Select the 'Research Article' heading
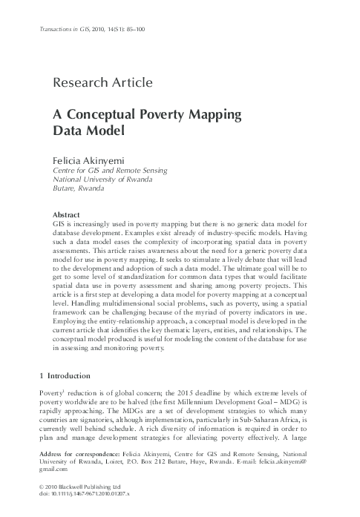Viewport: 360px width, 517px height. (103, 82)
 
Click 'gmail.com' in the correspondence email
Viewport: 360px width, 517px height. (54, 469)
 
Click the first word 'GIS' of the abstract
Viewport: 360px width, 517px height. (59, 223)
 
